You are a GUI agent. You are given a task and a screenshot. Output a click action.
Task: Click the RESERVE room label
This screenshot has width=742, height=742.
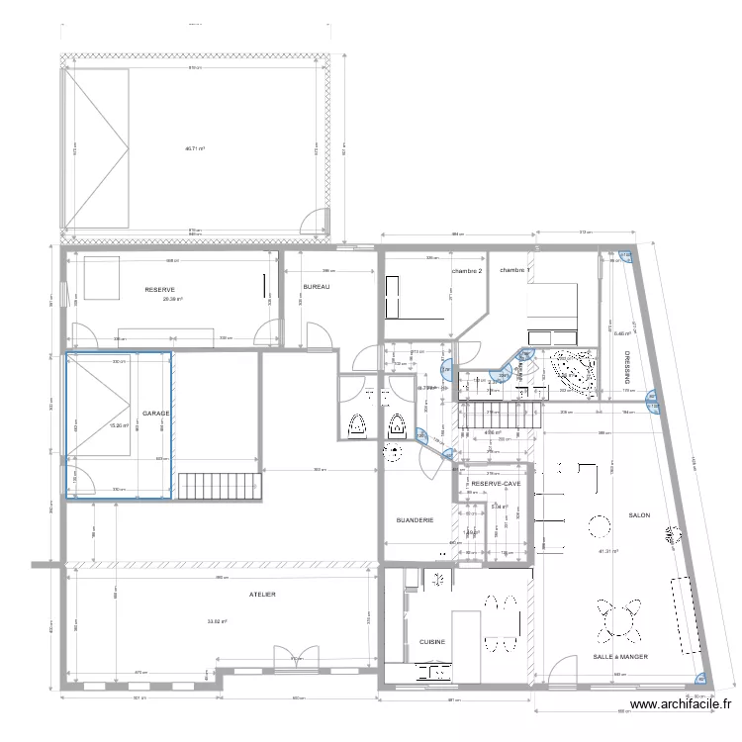click(160, 290)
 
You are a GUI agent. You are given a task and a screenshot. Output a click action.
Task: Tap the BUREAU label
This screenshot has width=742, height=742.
click(316, 287)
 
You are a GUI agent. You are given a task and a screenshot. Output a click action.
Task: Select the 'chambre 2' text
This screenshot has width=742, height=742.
click(467, 271)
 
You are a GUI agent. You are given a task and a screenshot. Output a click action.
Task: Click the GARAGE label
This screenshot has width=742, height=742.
click(155, 414)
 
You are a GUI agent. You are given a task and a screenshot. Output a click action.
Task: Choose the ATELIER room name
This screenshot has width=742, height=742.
click(262, 595)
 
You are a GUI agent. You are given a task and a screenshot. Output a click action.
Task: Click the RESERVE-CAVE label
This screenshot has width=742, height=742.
click(496, 484)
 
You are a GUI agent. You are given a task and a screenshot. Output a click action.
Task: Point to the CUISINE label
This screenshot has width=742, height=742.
click(432, 641)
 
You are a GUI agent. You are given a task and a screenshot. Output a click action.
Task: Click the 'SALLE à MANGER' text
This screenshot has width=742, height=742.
click(620, 656)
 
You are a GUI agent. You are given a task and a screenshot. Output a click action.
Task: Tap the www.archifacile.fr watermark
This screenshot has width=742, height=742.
click(682, 705)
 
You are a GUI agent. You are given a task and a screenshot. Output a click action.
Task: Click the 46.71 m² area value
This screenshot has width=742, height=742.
click(194, 149)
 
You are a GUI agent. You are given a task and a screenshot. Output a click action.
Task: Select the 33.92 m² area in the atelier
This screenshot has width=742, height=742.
click(217, 621)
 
